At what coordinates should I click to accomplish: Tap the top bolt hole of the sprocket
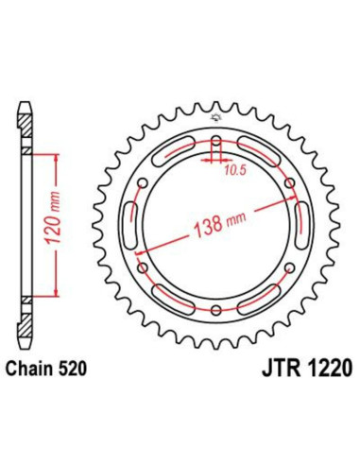(x=217, y=143)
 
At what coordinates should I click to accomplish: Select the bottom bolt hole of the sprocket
(x=217, y=310)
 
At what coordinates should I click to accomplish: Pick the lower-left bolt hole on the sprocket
(x=145, y=268)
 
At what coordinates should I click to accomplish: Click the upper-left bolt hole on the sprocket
(x=145, y=184)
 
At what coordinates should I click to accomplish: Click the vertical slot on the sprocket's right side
(x=300, y=227)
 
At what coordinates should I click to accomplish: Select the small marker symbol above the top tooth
(x=216, y=116)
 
